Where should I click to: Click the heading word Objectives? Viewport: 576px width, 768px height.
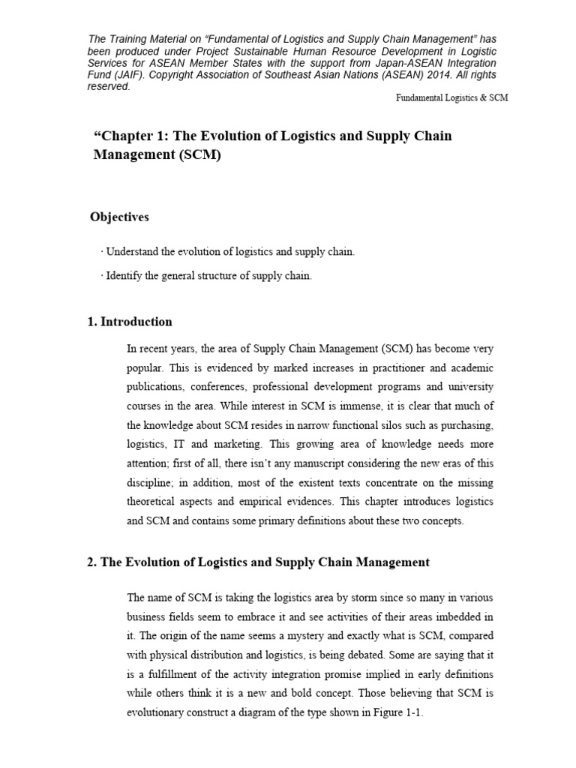coord(119,217)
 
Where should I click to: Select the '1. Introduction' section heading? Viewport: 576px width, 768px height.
coord(130,322)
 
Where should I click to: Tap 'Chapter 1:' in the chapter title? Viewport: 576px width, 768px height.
coord(129,136)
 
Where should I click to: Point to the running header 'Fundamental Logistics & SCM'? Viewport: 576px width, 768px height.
coord(452,98)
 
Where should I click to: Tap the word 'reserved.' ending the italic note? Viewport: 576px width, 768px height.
coord(109,86)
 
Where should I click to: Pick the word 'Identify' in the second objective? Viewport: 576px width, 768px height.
coord(122,276)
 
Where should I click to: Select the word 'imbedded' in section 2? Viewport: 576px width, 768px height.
coord(460,617)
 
